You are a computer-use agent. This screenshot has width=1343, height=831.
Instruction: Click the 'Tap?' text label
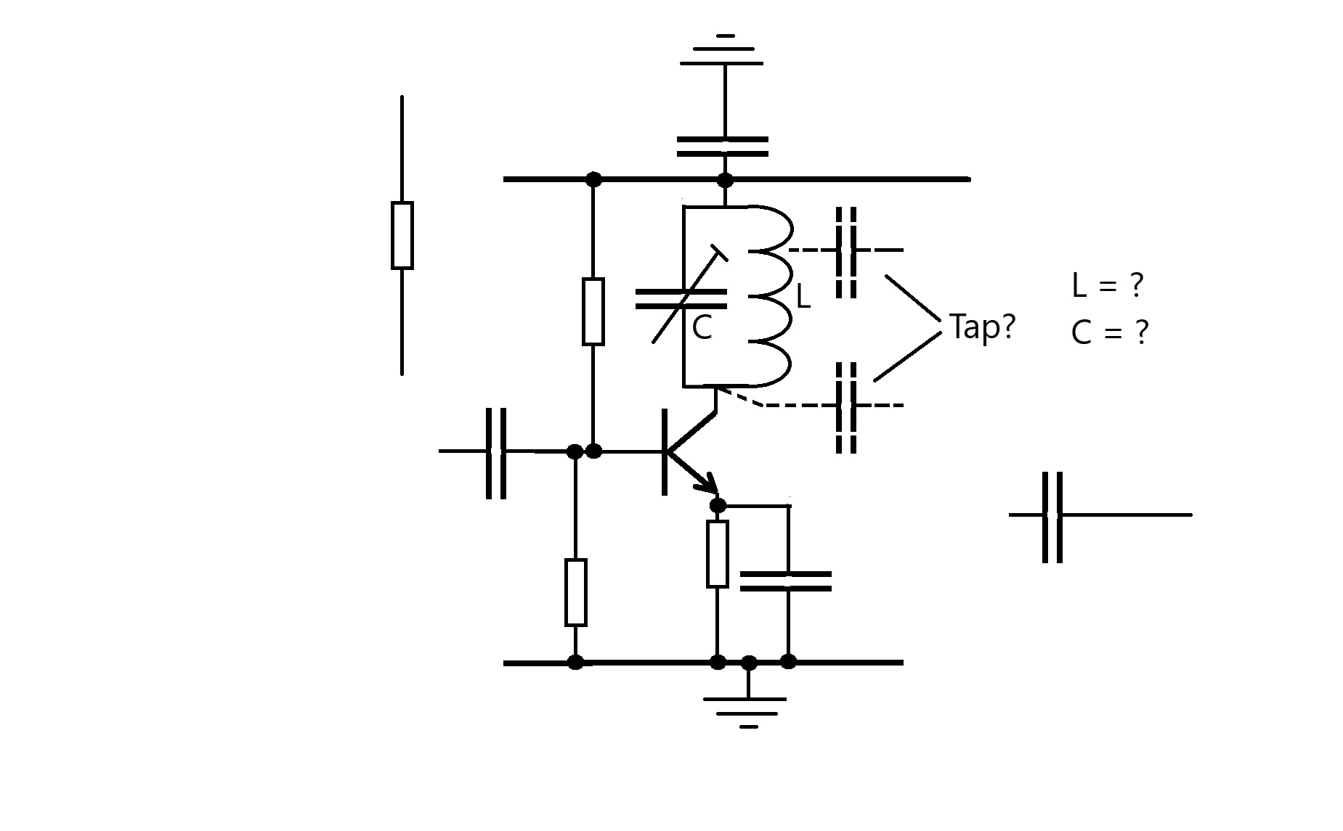pyautogui.click(x=982, y=328)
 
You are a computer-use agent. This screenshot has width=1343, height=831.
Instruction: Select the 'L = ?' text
pyautogui.click(x=1107, y=285)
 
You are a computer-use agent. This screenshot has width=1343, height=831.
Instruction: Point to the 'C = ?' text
pyautogui.click(x=1109, y=332)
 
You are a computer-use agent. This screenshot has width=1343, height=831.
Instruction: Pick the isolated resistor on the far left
pyautogui.click(x=402, y=235)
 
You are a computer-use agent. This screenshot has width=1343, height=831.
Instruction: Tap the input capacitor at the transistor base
pyautogui.click(x=495, y=453)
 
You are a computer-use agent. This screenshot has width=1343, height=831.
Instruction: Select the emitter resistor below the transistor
pyautogui.click(x=718, y=554)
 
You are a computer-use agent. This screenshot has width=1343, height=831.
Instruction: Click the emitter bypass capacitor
pyautogui.click(x=786, y=581)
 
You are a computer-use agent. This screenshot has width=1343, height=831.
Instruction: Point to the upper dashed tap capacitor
pyautogui.click(x=846, y=252)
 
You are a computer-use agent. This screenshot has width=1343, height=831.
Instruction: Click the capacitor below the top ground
pyautogui.click(x=723, y=147)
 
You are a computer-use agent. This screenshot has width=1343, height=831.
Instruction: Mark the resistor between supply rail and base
pyautogui.click(x=593, y=311)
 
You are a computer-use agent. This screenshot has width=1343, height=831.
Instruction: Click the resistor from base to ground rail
pyautogui.click(x=575, y=592)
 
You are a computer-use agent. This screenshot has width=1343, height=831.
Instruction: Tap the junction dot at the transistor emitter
pyautogui.click(x=718, y=505)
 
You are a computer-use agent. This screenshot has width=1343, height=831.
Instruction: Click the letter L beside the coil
pyautogui.click(x=803, y=297)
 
